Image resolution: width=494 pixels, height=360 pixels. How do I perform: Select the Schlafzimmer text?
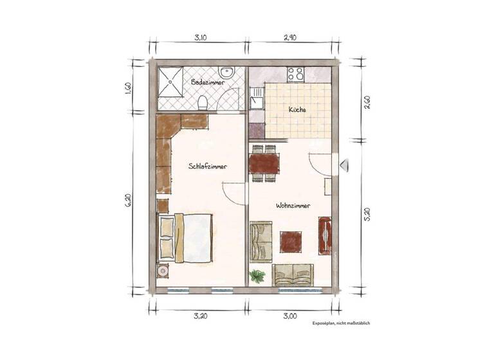[x=208, y=166]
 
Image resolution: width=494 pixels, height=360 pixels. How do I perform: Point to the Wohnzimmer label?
[x=293, y=206]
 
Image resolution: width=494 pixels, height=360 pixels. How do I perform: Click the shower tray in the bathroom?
[x=172, y=87]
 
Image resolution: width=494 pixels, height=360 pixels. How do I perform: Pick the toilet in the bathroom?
[x=203, y=102]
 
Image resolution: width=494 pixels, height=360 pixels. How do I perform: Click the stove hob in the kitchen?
[x=296, y=74]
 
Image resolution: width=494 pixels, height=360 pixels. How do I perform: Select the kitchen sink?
[x=257, y=97]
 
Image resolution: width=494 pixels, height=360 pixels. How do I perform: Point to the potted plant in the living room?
[x=258, y=277]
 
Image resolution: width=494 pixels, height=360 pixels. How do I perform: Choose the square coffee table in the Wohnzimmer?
[x=291, y=241]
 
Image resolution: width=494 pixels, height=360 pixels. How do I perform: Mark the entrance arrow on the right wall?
[x=343, y=166]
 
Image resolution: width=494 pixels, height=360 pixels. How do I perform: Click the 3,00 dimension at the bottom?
[x=289, y=316]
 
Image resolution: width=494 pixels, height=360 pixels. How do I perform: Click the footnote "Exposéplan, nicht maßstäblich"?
[x=341, y=323]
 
